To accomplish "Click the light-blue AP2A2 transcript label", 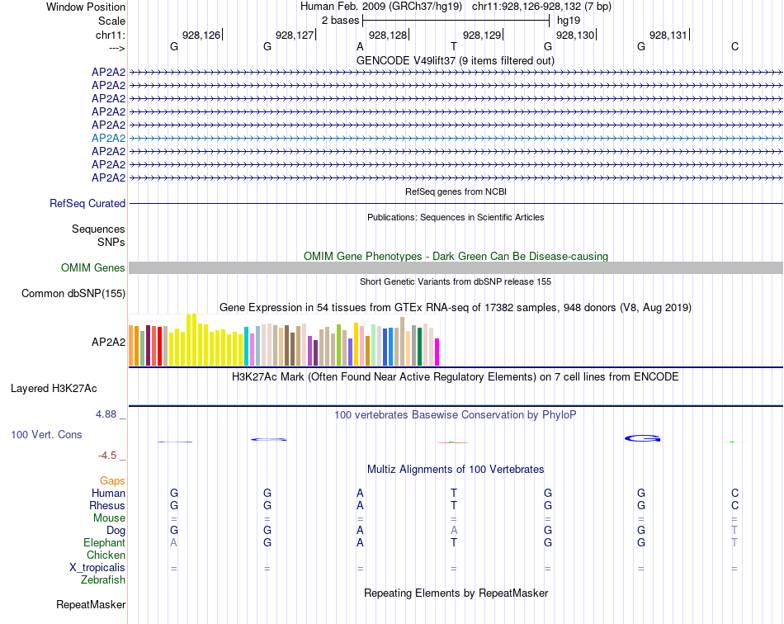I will [x=108, y=138].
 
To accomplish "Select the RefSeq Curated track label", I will [x=87, y=203].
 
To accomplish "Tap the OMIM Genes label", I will [x=93, y=267].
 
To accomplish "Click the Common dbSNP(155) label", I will [x=73, y=293].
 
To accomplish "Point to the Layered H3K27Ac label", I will [x=54, y=387].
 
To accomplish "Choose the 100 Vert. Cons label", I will [x=46, y=434].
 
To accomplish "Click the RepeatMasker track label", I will [x=91, y=605].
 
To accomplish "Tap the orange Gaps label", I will [x=112, y=480].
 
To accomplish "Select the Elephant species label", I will [x=104, y=542].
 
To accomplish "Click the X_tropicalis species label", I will [x=97, y=568].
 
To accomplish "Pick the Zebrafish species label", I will [x=103, y=580].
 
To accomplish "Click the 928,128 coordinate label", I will [x=388, y=35].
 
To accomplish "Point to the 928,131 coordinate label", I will [x=668, y=35].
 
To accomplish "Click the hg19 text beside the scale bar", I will [x=569, y=20].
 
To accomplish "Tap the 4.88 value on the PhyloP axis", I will [x=106, y=414].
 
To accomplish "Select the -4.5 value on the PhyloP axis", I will [x=108, y=455].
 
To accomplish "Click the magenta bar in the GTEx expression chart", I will [x=437, y=352].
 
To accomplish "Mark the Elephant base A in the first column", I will [x=173, y=542].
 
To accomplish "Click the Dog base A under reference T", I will [x=453, y=530].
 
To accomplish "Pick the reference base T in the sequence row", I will [x=453, y=46].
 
